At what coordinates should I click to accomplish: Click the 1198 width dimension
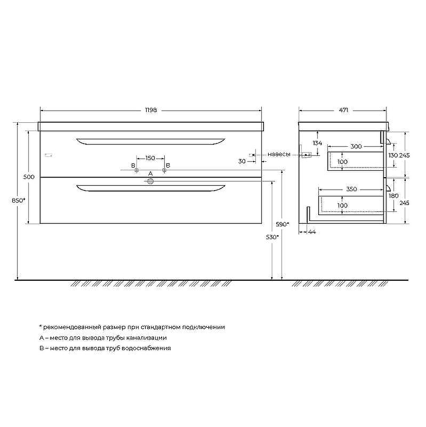coord(151,110)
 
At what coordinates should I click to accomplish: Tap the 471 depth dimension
coord(343,110)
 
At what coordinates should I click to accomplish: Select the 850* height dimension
coord(19,201)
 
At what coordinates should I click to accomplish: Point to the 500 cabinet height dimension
coord(29,177)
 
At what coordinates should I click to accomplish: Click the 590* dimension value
coord(283,224)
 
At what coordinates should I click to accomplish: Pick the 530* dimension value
coord(272,237)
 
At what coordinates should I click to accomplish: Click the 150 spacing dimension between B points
coord(150,158)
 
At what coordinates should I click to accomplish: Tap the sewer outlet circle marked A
coord(150,181)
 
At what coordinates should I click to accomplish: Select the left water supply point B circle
coord(136,170)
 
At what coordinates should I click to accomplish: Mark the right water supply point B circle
coord(164,170)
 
